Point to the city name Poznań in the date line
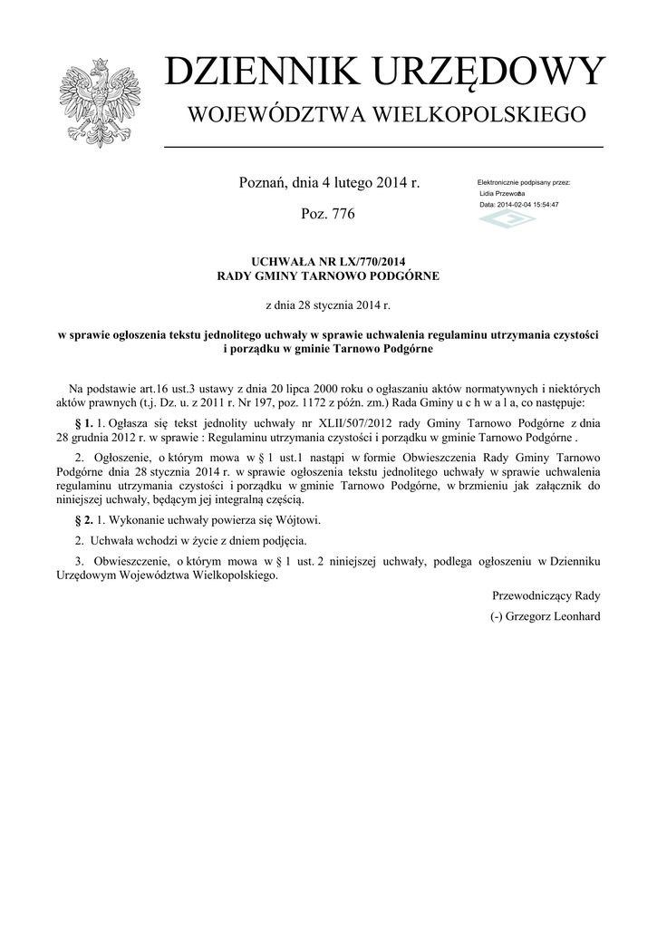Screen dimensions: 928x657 coord(262,182)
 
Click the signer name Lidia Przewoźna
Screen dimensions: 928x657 coord(503,194)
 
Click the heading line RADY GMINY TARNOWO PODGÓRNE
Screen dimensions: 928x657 coord(328,275)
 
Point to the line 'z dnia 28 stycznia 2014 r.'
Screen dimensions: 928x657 coord(328,306)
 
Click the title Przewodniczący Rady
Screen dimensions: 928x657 coord(546,596)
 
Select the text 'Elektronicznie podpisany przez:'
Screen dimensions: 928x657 coord(524,183)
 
